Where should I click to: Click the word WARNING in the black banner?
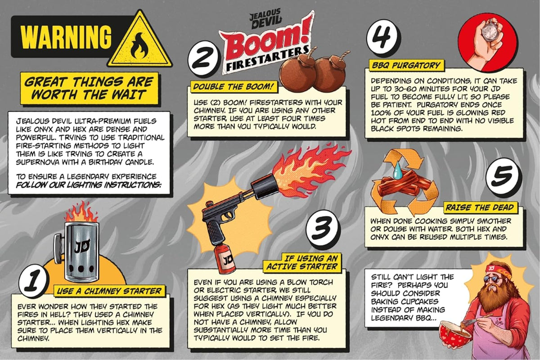66,37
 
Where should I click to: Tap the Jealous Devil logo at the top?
265,18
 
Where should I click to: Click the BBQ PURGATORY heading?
406,65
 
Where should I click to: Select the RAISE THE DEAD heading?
480,207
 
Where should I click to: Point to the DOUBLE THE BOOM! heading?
234,87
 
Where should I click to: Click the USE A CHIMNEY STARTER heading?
109,291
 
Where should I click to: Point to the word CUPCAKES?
420,301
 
